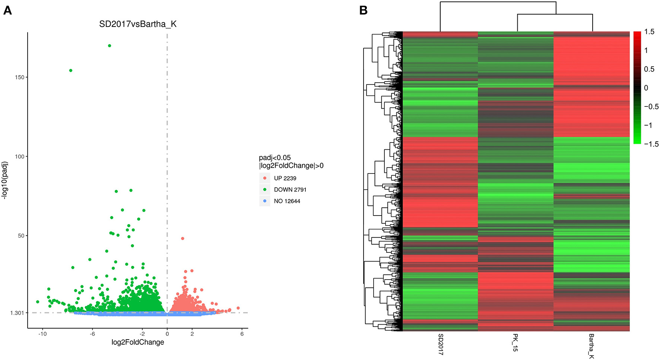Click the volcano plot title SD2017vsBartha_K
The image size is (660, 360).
(137, 24)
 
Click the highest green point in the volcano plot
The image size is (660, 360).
(110, 46)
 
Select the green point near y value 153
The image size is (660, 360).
(71, 70)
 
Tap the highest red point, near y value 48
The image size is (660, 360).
(183, 238)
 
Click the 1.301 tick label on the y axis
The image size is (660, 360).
(17, 313)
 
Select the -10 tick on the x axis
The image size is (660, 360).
(42, 334)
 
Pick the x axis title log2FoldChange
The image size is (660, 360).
(137, 342)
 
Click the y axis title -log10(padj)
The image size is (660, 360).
(5, 181)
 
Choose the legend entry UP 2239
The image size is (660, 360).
(285, 178)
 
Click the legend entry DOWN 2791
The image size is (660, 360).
(290, 190)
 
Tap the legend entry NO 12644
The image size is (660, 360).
(287, 201)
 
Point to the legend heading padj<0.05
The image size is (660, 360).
(275, 158)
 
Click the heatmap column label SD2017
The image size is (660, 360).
(441, 344)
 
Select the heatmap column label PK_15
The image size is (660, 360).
(515, 343)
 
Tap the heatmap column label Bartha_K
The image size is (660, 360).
(591, 346)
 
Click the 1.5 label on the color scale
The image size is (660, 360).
(649, 32)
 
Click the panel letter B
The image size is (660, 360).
(363, 11)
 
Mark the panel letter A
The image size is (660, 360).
(7, 11)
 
